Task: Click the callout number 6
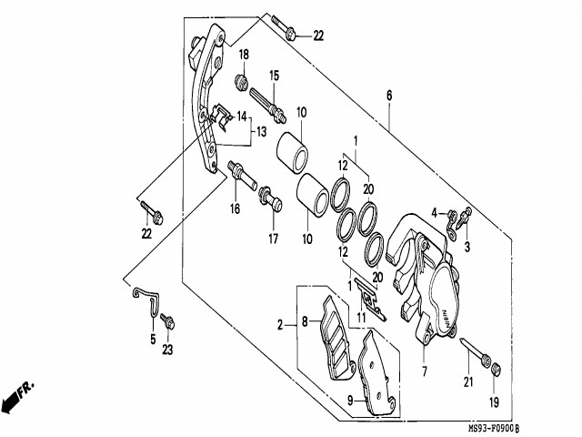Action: click(x=389, y=96)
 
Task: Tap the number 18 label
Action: click(x=245, y=56)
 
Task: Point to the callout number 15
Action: click(x=273, y=74)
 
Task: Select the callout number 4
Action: click(x=436, y=213)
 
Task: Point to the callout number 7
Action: click(x=424, y=371)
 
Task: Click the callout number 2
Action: click(x=281, y=323)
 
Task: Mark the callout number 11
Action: click(x=361, y=318)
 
